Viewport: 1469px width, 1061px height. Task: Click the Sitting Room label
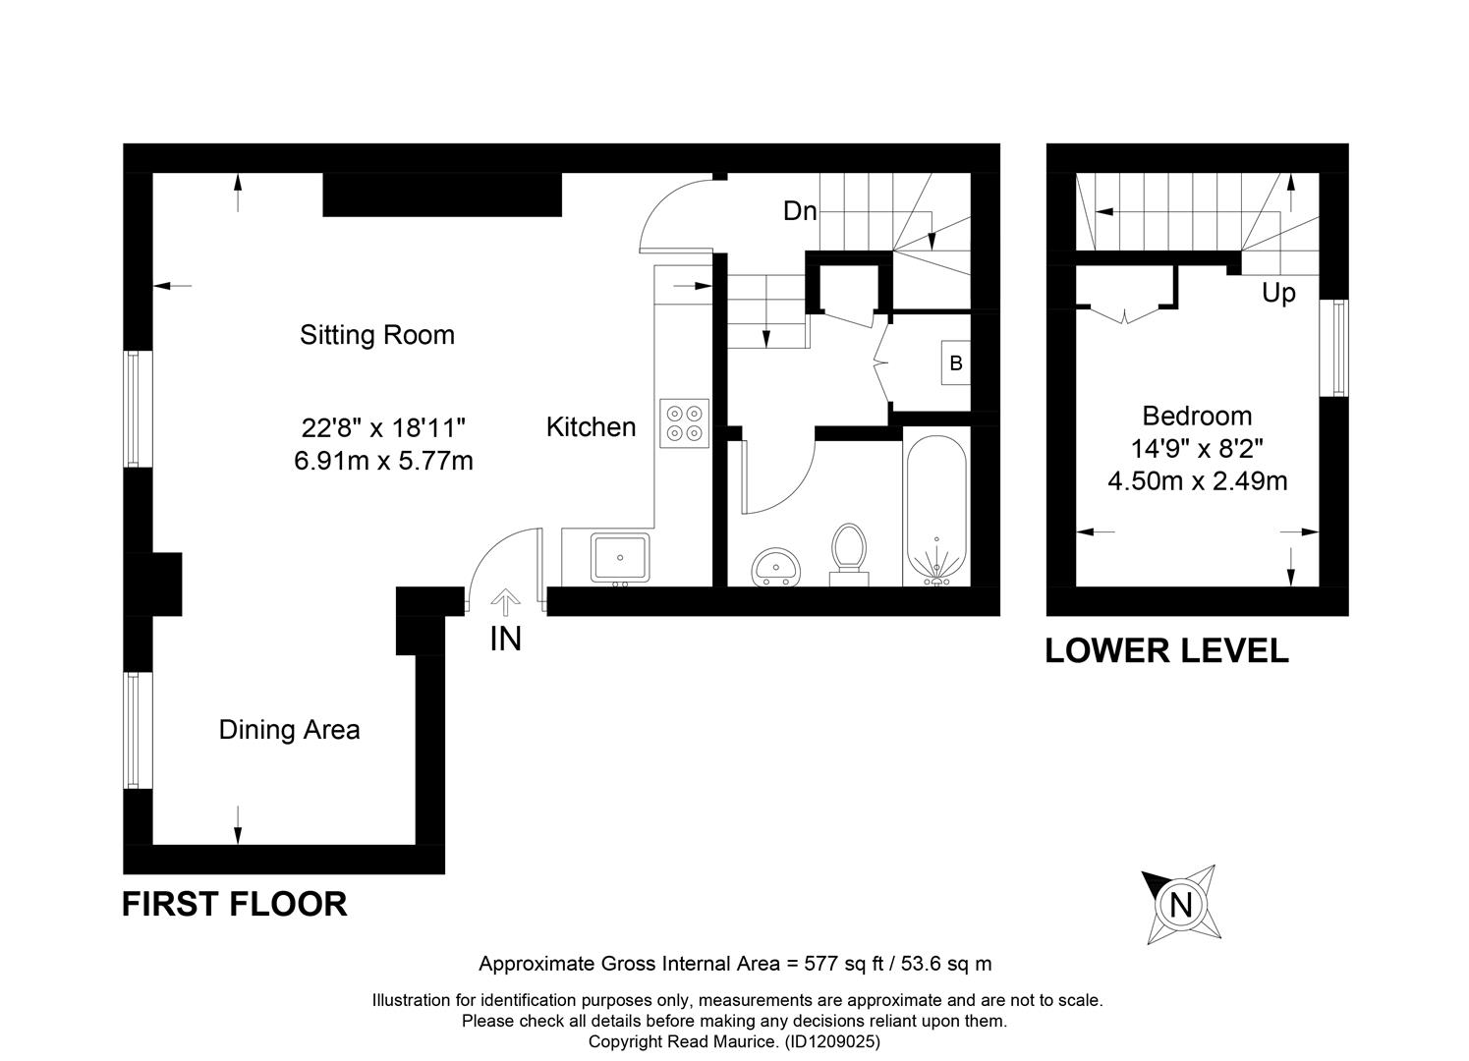tap(377, 335)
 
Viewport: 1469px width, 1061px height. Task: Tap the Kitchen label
tap(591, 427)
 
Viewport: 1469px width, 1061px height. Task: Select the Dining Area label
tap(289, 730)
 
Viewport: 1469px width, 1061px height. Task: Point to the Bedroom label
tap(1197, 416)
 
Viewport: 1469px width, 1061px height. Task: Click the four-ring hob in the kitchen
tap(685, 423)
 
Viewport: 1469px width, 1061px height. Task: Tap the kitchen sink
tap(620, 558)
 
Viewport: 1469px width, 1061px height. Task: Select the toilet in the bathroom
tap(849, 554)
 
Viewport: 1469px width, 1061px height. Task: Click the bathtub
tap(935, 510)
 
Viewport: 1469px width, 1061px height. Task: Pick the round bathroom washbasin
tap(776, 567)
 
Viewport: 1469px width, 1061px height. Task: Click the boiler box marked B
tap(955, 363)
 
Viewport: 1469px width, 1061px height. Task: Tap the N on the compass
tap(1180, 906)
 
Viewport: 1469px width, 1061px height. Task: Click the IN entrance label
tap(506, 639)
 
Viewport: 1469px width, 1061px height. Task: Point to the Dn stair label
tap(800, 210)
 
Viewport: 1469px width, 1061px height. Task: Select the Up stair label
tap(1278, 293)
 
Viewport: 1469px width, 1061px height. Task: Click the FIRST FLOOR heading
tap(235, 904)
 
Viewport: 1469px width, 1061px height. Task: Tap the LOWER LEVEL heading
tap(1167, 651)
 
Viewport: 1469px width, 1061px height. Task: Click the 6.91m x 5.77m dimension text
tap(383, 461)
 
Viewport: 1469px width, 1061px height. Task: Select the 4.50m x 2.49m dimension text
tap(1198, 481)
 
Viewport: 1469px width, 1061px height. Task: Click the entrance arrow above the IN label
tap(506, 602)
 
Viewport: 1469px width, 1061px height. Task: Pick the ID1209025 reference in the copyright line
tap(832, 1042)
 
